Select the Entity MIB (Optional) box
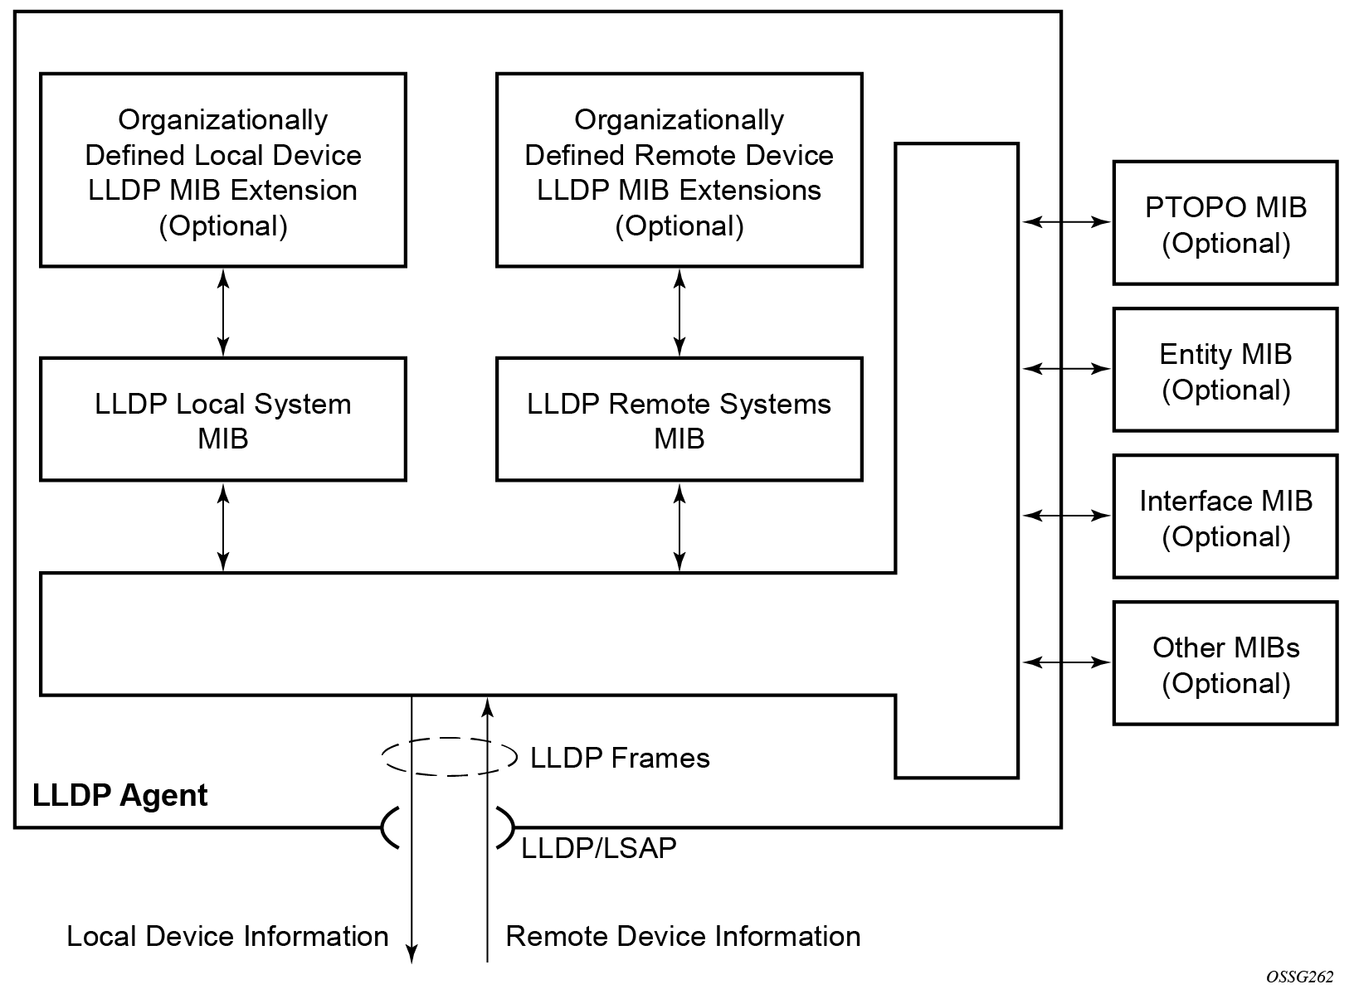click(1225, 371)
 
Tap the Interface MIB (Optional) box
click(1225, 517)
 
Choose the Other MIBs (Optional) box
click(1225, 664)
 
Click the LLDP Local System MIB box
click(222, 420)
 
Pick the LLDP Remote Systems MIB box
click(679, 420)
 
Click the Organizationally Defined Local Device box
click(222, 171)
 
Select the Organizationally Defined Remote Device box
click(679, 171)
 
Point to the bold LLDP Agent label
click(119, 795)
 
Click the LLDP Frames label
click(620, 758)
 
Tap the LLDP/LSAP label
click(598, 847)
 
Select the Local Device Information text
click(227, 936)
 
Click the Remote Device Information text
click(683, 936)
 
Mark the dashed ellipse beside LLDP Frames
click(449, 756)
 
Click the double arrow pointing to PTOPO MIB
click(1066, 221)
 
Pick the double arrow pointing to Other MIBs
click(1066, 662)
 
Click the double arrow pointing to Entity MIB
click(1066, 368)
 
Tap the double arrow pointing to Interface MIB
click(1066, 516)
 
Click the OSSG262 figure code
click(1299, 977)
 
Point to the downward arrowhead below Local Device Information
click(412, 955)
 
